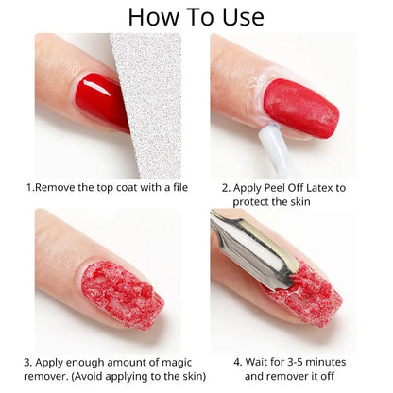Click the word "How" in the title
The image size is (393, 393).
click(x=153, y=16)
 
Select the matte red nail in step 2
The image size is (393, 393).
click(x=301, y=106)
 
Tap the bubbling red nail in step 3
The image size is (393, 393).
click(x=122, y=294)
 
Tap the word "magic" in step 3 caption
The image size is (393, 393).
click(x=171, y=362)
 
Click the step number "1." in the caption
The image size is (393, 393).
click(x=30, y=187)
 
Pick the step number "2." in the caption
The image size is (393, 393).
click(x=226, y=187)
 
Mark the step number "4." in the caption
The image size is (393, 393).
click(x=238, y=362)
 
